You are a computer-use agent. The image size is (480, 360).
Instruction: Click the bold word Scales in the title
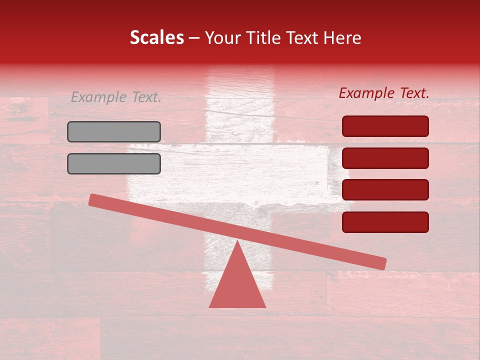click(x=156, y=37)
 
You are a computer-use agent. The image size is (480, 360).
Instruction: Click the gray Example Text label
click(x=116, y=97)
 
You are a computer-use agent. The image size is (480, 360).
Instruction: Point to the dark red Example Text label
click(x=384, y=93)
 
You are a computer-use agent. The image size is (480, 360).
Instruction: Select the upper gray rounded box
click(x=114, y=131)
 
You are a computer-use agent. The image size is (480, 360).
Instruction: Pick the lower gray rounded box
click(x=114, y=163)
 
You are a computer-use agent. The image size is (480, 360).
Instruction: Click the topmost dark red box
click(x=385, y=126)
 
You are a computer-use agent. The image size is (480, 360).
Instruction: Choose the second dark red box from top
click(x=385, y=158)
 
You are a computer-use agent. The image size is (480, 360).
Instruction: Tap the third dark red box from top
click(x=385, y=189)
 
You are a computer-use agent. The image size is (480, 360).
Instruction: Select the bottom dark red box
click(x=385, y=221)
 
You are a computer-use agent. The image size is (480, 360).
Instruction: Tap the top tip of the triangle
click(x=237, y=242)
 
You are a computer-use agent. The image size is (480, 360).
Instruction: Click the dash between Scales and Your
click(x=194, y=38)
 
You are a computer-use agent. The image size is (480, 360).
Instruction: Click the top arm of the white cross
click(x=240, y=110)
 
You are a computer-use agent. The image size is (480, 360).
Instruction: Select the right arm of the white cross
click(x=305, y=172)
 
